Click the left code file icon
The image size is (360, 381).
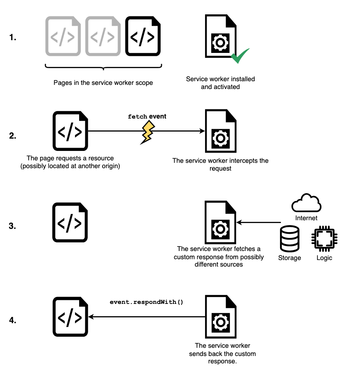pyautogui.click(x=63, y=36)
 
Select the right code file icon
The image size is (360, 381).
pyautogui.click(x=103, y=36)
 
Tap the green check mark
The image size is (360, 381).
pyautogui.click(x=240, y=56)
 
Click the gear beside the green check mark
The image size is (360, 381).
pyautogui.click(x=220, y=43)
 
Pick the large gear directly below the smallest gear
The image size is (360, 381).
pyautogui.click(x=221, y=139)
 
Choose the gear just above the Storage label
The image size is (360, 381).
pyautogui.click(x=220, y=229)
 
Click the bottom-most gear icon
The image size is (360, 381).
pyautogui.click(x=221, y=322)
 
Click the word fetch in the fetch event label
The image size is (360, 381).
pyautogui.click(x=137, y=117)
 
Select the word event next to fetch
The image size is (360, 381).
pyautogui.click(x=157, y=116)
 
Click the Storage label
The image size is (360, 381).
pyautogui.click(x=289, y=258)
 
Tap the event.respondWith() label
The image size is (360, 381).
pyautogui.click(x=147, y=302)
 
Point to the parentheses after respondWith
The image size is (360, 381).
pyautogui.click(x=180, y=302)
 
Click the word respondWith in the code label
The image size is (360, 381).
pyautogui.click(x=160, y=302)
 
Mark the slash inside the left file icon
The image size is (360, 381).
pyautogui.click(x=63, y=37)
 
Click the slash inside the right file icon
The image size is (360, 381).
pyautogui.click(x=103, y=37)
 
